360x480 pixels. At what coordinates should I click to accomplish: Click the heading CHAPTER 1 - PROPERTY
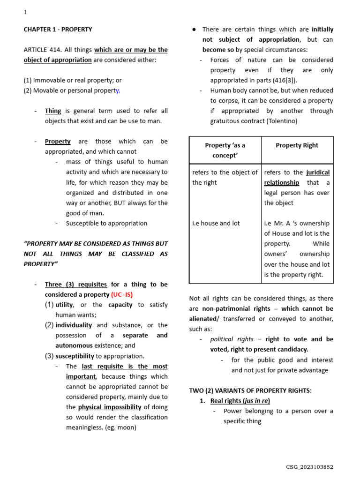click(x=58, y=29)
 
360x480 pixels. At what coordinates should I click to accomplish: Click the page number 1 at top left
click(x=25, y=13)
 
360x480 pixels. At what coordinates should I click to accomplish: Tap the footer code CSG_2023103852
click(x=309, y=467)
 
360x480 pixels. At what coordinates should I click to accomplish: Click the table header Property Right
click(x=297, y=145)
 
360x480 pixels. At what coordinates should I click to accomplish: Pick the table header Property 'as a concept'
click(x=225, y=150)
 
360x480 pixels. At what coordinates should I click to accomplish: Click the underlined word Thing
click(x=53, y=111)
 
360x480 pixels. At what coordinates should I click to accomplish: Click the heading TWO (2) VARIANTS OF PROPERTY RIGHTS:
click(x=250, y=390)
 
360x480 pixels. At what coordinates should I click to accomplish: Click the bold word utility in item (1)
click(x=64, y=305)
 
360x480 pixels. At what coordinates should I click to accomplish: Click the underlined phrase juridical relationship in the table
click(x=297, y=177)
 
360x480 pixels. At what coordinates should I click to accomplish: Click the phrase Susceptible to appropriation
click(x=106, y=223)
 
